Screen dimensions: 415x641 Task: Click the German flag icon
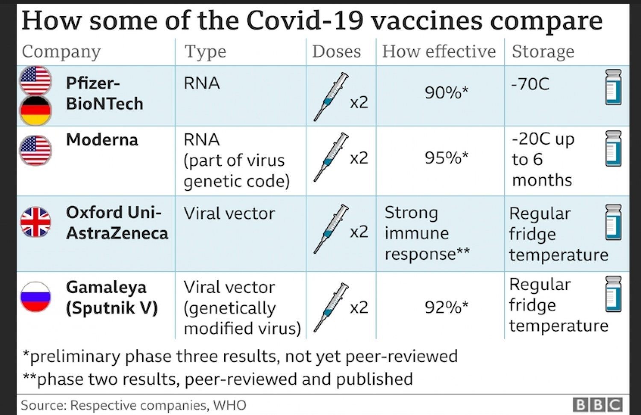click(36, 110)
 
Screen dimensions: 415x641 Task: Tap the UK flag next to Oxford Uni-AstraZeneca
click(36, 222)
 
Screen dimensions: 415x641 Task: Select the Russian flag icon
click(36, 296)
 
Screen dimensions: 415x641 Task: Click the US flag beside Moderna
click(36, 150)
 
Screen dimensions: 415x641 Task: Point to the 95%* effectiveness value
click(446, 157)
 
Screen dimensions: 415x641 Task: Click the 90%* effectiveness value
click(446, 92)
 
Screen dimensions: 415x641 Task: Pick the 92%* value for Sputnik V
click(446, 307)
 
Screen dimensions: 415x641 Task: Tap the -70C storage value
click(530, 84)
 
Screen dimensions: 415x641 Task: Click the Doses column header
click(336, 51)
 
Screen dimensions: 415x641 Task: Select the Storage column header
click(543, 51)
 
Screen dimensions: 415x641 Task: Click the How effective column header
click(439, 51)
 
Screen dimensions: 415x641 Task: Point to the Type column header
click(205, 51)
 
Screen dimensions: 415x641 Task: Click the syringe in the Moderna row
click(330, 157)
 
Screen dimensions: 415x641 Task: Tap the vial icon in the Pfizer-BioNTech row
click(613, 87)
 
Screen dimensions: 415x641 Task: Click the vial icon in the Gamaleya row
click(613, 294)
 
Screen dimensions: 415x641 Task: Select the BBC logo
click(597, 404)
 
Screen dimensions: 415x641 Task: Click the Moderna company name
click(102, 139)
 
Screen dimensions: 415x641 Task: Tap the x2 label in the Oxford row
click(359, 231)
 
